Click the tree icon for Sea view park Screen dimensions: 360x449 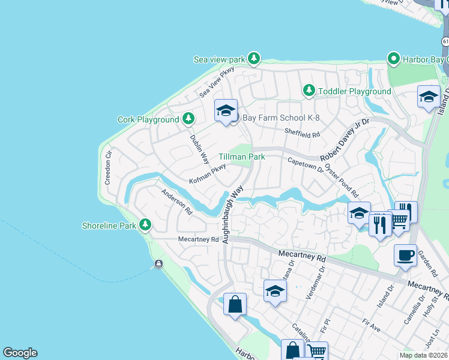(x=255, y=58)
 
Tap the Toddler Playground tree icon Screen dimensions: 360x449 (x=309, y=91)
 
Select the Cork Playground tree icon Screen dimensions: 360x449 (x=188, y=118)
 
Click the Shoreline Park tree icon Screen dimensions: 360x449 (x=145, y=225)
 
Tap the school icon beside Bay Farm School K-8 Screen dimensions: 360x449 (x=226, y=111)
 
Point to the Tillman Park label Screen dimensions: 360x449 (x=241, y=156)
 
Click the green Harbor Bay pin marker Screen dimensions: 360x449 (x=394, y=59)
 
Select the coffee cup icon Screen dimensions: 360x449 (x=405, y=254)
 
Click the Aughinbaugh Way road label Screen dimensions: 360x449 (x=234, y=213)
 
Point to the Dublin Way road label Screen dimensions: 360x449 (x=199, y=149)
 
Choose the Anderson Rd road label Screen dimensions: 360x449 (x=176, y=202)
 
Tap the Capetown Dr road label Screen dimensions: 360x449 (x=306, y=165)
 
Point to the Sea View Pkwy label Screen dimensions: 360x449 (x=217, y=82)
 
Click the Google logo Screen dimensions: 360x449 (x=20, y=353)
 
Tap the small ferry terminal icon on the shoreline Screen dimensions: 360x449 (x=158, y=264)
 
